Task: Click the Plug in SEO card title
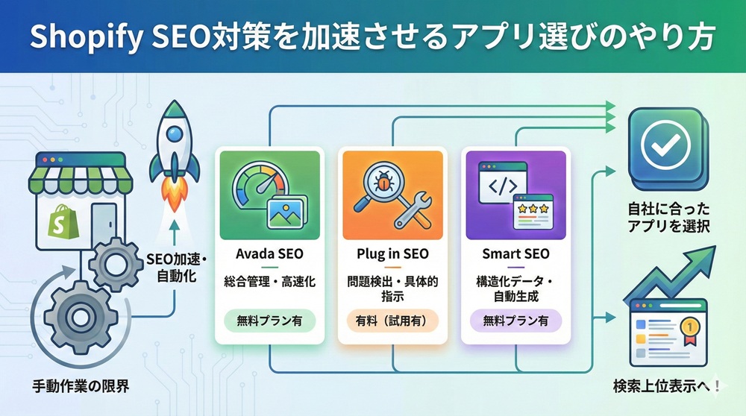click(392, 254)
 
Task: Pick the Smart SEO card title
click(515, 254)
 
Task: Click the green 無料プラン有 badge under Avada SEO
click(269, 321)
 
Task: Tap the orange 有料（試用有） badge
click(392, 321)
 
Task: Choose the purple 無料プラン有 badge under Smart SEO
click(515, 321)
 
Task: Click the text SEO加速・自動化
click(172, 268)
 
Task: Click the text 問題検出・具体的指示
click(392, 289)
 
